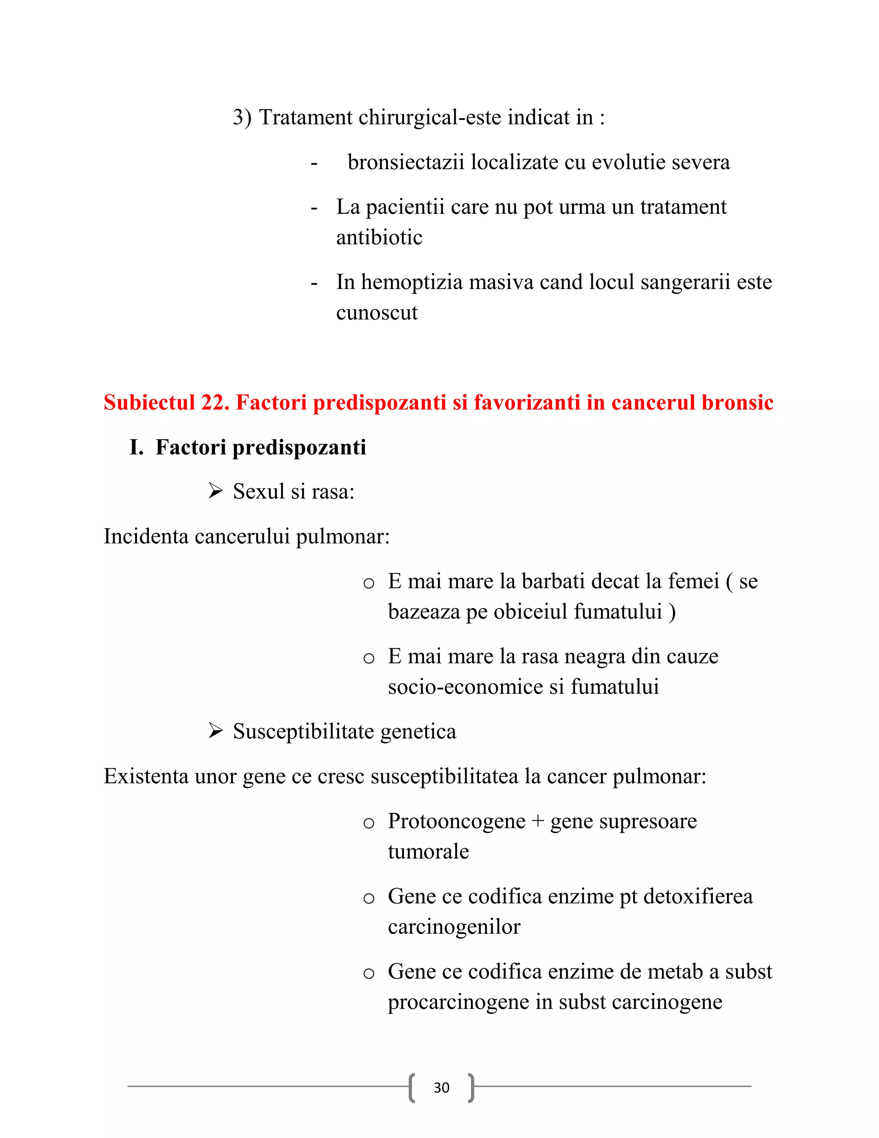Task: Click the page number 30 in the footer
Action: point(441,1087)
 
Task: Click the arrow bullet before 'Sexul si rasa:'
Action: point(215,491)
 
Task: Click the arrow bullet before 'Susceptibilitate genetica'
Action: point(215,730)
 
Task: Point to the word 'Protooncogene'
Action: point(457,822)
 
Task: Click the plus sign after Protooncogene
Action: point(537,822)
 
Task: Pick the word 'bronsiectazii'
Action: point(406,162)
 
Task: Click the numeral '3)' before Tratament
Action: point(242,117)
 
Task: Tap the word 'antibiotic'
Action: point(379,237)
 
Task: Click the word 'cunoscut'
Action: point(376,313)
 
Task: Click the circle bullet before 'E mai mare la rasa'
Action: point(369,658)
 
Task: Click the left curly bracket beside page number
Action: point(412,1087)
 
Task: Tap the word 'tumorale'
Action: point(428,852)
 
